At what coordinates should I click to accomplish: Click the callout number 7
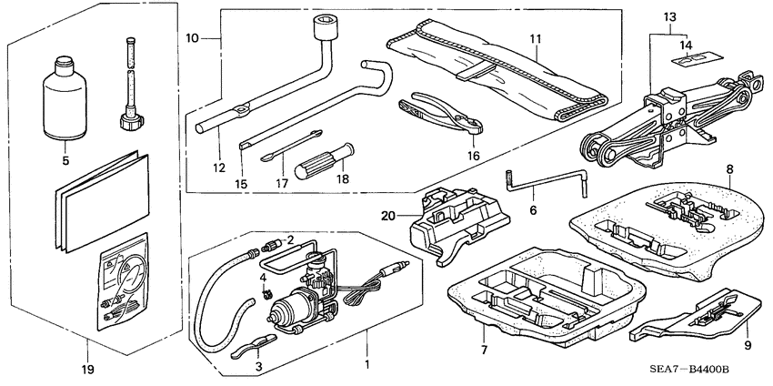click(484, 350)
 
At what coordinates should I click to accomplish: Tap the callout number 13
click(670, 17)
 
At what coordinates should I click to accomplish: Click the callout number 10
click(191, 38)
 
